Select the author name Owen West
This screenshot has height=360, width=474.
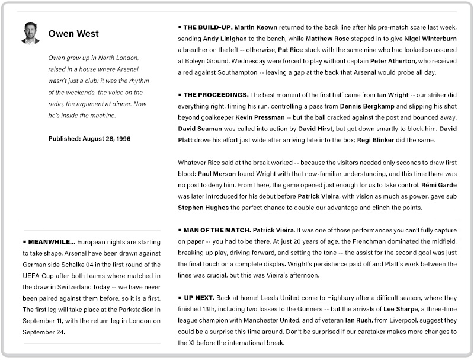(x=73, y=34)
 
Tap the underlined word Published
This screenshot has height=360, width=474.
(x=63, y=139)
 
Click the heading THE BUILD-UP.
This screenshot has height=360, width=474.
(x=207, y=27)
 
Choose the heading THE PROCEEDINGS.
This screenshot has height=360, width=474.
(x=216, y=95)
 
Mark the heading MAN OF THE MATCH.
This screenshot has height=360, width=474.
(x=217, y=230)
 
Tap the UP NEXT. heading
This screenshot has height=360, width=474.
(x=198, y=298)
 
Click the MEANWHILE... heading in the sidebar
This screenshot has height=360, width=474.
(x=52, y=242)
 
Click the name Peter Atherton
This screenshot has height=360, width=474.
(x=394, y=61)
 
